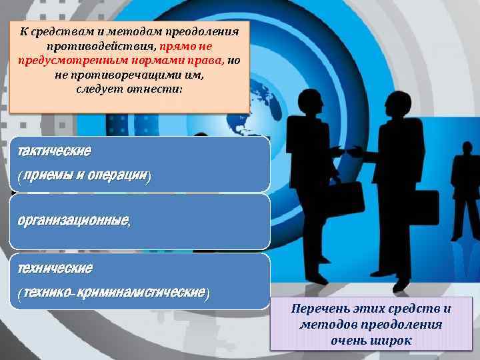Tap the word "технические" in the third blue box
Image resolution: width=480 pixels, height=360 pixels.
click(55, 268)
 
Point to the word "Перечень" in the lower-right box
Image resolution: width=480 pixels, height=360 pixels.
click(319, 309)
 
